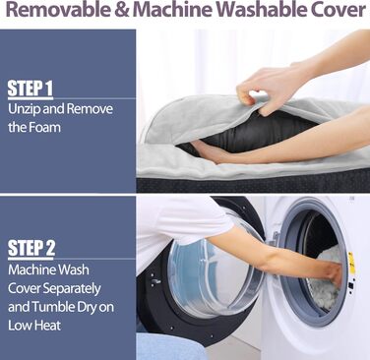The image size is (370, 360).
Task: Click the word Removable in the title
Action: (x=58, y=10)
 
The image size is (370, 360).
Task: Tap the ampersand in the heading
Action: (x=122, y=10)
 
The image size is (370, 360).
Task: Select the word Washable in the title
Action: (x=261, y=10)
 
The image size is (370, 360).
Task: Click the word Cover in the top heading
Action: (x=338, y=10)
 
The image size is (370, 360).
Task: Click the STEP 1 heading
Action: (x=30, y=88)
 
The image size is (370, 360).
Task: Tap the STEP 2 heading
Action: (x=31, y=248)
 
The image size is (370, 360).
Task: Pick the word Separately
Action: (x=72, y=289)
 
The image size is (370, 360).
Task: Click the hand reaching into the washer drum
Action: (x=333, y=273)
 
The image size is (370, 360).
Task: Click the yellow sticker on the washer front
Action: (x=351, y=263)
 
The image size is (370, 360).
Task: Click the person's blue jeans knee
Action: (x=167, y=346)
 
